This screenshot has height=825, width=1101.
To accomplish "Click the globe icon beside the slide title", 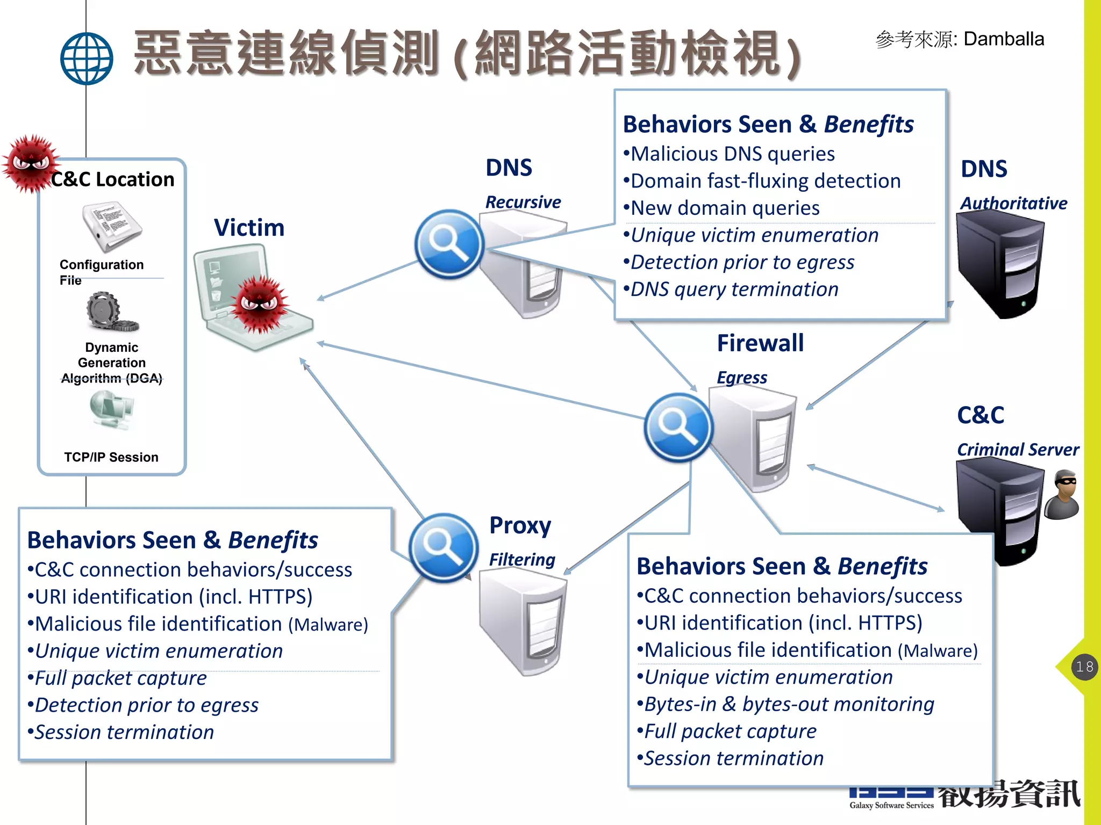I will (x=87, y=59).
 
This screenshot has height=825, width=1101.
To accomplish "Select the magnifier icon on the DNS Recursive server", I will (x=449, y=244).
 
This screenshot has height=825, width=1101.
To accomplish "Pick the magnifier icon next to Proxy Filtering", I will (x=443, y=548).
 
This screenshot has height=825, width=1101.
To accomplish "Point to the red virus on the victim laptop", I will (x=261, y=303).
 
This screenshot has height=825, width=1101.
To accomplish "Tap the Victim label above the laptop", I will (x=249, y=228).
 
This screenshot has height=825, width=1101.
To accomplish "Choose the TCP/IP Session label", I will (x=111, y=457).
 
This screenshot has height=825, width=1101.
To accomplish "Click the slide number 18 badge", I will (x=1084, y=667).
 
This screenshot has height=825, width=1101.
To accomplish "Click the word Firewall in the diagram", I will (x=760, y=343).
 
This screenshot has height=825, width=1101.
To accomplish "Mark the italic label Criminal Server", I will (x=1017, y=450).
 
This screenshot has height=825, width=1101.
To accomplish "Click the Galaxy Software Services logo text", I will (x=891, y=805).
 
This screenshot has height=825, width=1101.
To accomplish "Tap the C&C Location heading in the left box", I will (x=113, y=179).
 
